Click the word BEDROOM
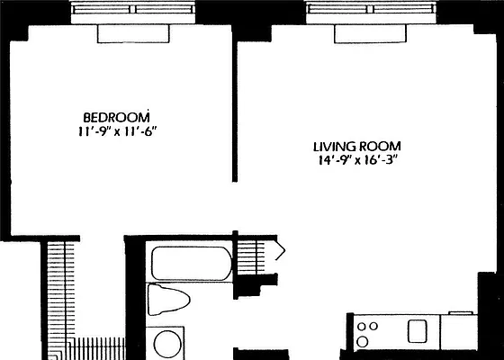pos(116,117)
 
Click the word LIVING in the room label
pos(332,147)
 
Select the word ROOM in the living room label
pos(380,147)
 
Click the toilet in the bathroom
pos(169,301)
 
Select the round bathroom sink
pos(167,344)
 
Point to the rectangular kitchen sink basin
pos(418,330)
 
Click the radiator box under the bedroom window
pos(133,32)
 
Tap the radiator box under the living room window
pos(371,32)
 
